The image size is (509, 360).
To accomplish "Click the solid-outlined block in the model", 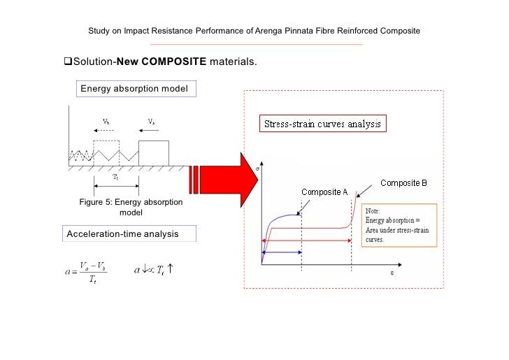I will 153,153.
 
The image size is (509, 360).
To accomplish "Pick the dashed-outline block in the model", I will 107,153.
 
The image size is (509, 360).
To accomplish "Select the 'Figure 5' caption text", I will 131,208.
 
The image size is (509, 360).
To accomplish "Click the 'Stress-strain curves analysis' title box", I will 322,124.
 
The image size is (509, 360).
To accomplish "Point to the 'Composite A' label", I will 324,192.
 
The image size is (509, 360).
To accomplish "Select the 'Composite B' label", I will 403,183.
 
